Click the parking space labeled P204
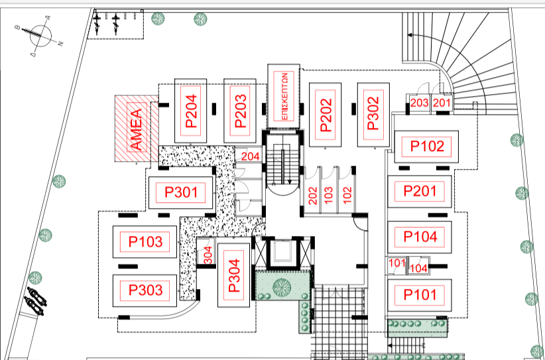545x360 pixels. click(190, 111)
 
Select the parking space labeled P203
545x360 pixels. click(240, 111)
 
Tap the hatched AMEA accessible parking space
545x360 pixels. click(137, 128)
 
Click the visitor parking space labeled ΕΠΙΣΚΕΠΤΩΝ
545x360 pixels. click(284, 95)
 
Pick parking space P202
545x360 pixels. click(325, 115)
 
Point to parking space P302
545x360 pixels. click(373, 115)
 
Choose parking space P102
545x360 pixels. click(426, 147)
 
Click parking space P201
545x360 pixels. click(420, 191)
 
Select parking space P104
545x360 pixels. click(420, 237)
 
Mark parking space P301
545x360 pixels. click(181, 192)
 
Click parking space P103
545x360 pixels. click(145, 242)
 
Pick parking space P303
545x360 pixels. click(145, 290)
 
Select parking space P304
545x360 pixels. click(233, 275)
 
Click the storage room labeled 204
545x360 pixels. click(249, 155)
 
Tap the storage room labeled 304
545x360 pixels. click(206, 251)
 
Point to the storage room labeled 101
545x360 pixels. click(397, 265)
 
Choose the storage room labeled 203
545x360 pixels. click(419, 103)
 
